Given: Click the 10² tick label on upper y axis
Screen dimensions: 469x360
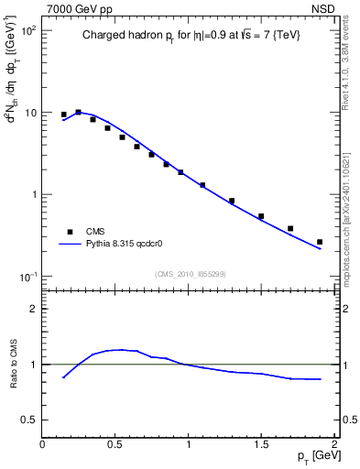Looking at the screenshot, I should tap(28, 31).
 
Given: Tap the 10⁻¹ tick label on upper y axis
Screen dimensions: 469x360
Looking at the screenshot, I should tap(28, 278).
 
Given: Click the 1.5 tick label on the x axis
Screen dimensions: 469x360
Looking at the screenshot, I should tap(261, 444).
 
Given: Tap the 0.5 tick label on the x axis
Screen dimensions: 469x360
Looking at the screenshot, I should tap(115, 444).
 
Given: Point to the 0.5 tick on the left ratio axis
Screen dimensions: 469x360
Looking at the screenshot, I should tap(29, 420).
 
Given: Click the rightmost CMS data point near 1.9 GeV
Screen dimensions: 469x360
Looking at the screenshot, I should tap(320, 242).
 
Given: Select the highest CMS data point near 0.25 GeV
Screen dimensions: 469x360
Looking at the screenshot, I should tap(78, 112).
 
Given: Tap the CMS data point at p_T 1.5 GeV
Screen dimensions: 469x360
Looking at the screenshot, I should tap(261, 216).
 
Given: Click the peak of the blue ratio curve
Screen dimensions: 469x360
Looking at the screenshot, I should tap(119, 349).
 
